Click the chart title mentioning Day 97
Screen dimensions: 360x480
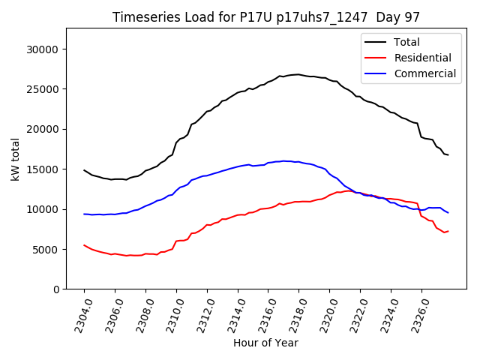266,16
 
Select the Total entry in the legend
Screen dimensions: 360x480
406,42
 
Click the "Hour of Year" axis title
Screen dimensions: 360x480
265,343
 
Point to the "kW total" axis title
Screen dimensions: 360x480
15,159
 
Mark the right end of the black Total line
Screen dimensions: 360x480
448,154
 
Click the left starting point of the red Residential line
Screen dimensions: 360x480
84,245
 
